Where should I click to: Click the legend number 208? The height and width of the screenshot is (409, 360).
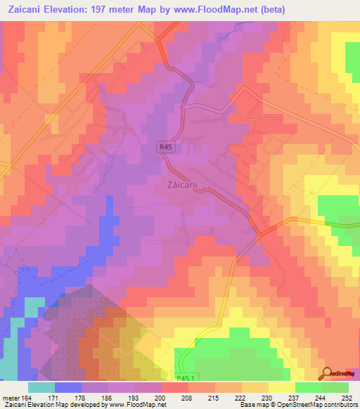click(x=174, y=397)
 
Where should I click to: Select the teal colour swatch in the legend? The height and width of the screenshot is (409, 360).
click(x=41, y=387)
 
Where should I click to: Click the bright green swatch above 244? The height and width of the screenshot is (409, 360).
click(x=308, y=387)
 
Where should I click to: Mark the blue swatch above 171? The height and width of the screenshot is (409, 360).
click(x=67, y=387)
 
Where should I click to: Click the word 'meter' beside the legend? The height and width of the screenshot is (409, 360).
click(x=10, y=397)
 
